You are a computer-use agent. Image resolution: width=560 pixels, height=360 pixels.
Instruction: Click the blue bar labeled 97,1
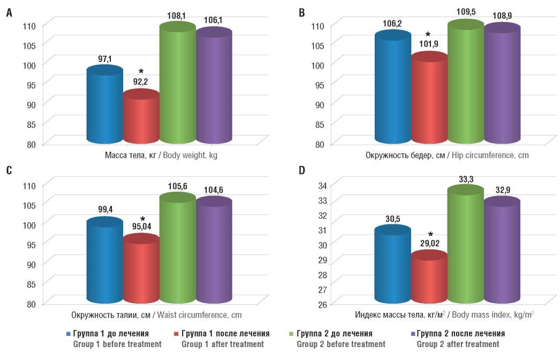point(104,107)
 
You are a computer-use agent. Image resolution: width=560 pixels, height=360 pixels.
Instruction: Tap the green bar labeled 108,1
point(177,86)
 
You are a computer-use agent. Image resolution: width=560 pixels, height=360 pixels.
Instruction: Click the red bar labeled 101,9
point(429,99)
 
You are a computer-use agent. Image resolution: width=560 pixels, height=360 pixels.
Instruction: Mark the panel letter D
point(301,171)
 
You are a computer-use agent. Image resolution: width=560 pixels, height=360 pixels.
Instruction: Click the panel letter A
point(9,13)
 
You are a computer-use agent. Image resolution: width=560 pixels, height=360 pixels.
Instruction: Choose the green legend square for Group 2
point(292,334)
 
